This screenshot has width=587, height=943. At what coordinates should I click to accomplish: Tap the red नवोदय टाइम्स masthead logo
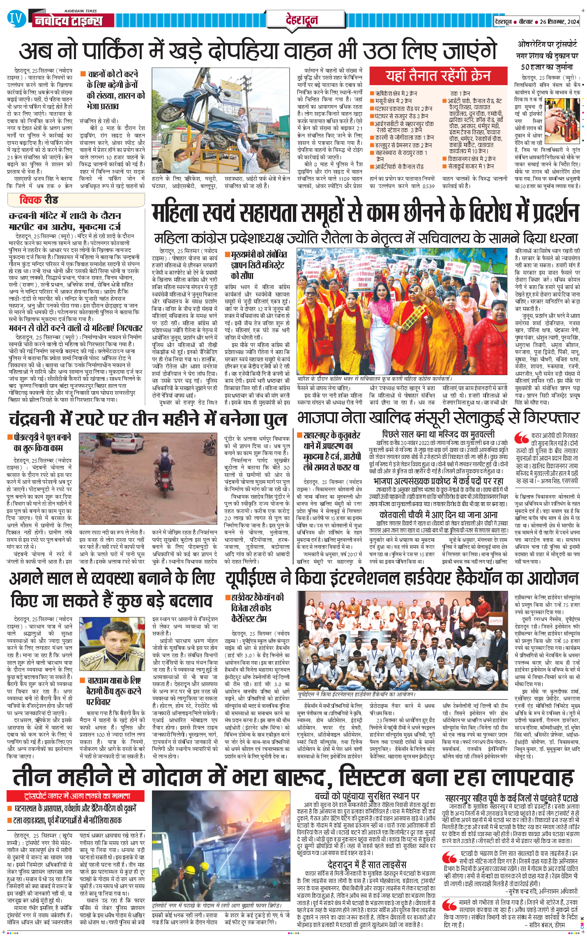pyautogui.click(x=68, y=21)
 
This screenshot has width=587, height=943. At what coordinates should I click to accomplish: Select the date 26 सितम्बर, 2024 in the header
pyautogui.click(x=559, y=22)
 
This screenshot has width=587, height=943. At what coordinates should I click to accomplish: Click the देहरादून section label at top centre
pyautogui.click(x=302, y=20)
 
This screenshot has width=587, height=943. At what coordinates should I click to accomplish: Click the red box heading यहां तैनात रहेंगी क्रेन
pyautogui.click(x=438, y=76)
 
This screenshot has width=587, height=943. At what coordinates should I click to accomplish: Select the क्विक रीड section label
pyautogui.click(x=39, y=200)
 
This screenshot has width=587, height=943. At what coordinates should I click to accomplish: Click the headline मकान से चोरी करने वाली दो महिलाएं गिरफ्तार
pyautogui.click(x=76, y=328)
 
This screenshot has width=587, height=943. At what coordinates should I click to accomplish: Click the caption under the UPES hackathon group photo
pyautogui.click(x=357, y=694)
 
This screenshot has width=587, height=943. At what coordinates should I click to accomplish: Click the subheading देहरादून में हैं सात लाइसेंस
pyautogui.click(x=366, y=853)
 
